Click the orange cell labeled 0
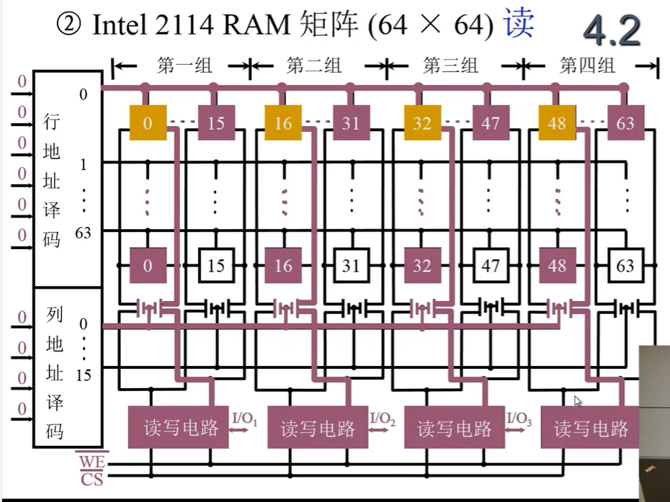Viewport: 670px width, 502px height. pyautogui.click(x=148, y=123)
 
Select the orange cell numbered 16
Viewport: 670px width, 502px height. pyautogui.click(x=283, y=123)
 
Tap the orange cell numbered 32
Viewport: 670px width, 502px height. pyautogui.click(x=422, y=123)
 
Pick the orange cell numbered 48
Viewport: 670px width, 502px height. pyautogui.click(x=557, y=123)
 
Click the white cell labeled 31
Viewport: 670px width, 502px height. pyautogui.click(x=351, y=266)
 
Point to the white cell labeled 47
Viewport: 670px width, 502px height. pyautogui.click(x=491, y=266)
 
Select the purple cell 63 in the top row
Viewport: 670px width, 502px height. pyautogui.click(x=625, y=123)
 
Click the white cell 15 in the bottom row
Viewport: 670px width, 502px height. pyautogui.click(x=216, y=266)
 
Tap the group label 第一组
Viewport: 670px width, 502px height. pyautogui.click(x=184, y=66)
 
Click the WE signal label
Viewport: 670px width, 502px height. pyautogui.click(x=91, y=460)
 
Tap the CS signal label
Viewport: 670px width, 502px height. pyautogui.click(x=91, y=478)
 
